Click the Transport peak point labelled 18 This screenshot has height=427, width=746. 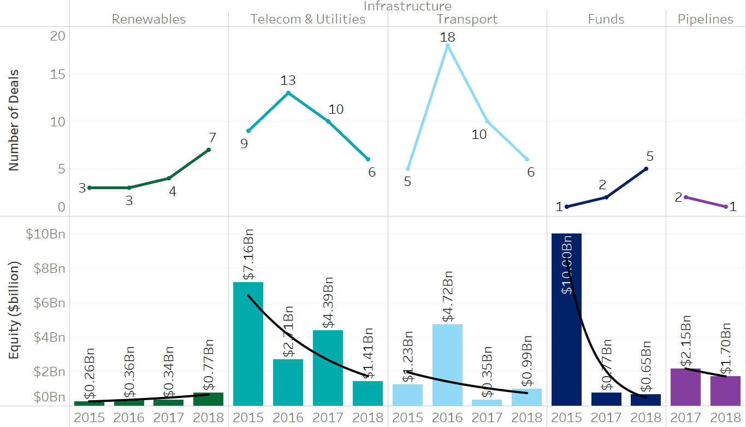pyautogui.click(x=447, y=46)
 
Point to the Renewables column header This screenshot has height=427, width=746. pyautogui.click(x=149, y=19)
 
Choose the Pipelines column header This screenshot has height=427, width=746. pyautogui.click(x=705, y=19)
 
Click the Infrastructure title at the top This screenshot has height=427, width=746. pyautogui.click(x=407, y=6)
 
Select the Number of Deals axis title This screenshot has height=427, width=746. pyautogui.click(x=14, y=120)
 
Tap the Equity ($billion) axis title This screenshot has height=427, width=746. pyautogui.click(x=14, y=310)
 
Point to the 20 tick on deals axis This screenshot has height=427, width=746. pyautogui.click(x=57, y=36)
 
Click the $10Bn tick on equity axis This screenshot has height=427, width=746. pyautogui.click(x=46, y=234)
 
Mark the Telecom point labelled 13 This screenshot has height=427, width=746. pyautogui.click(x=288, y=92)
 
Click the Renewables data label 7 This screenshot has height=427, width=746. pyautogui.click(x=213, y=138)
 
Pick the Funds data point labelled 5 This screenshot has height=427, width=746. pyautogui.click(x=646, y=168)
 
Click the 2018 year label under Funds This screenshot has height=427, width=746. pyautogui.click(x=646, y=418)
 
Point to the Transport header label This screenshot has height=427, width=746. pyautogui.click(x=467, y=19)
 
